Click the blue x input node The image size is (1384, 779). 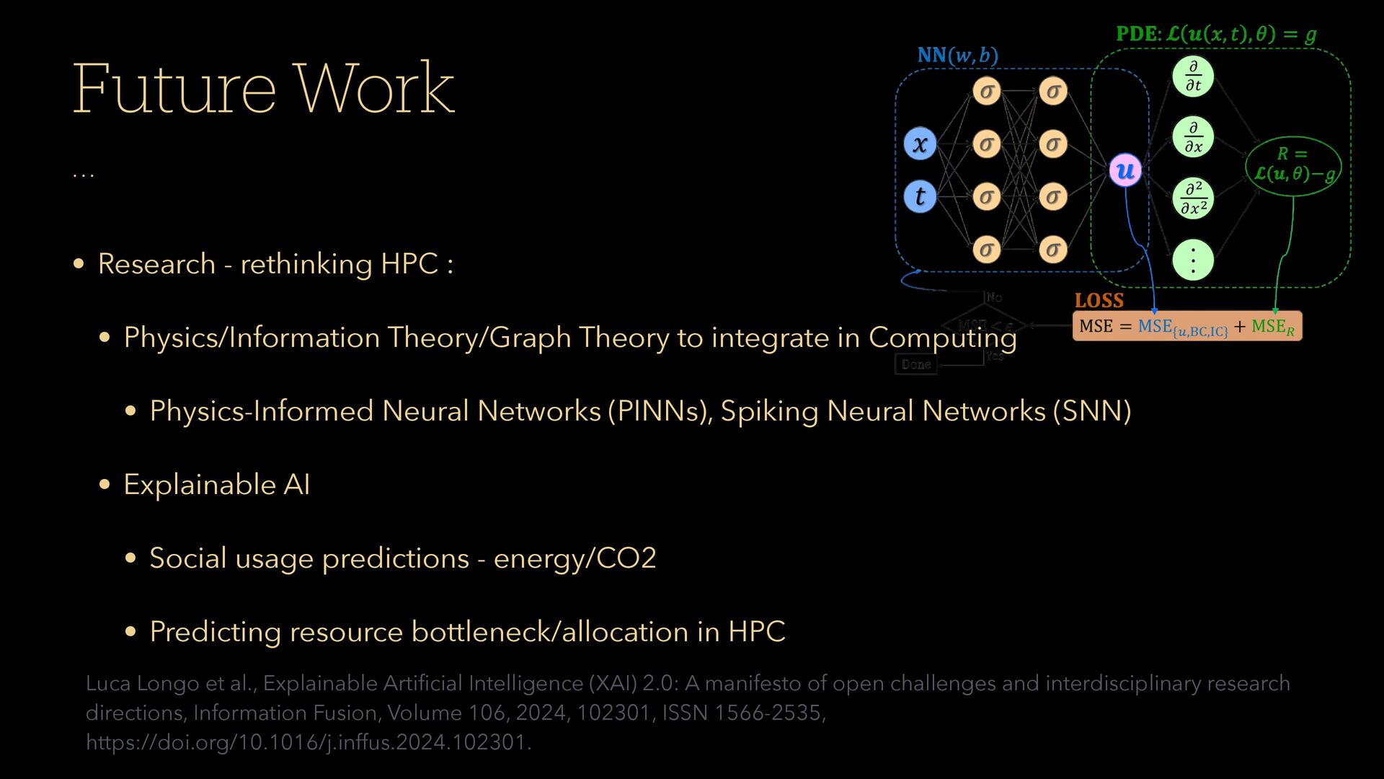(x=920, y=144)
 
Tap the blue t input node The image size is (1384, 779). (x=920, y=196)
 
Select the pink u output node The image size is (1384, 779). (x=1125, y=170)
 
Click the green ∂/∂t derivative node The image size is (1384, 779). (x=1193, y=76)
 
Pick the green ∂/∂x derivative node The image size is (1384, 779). (x=1193, y=137)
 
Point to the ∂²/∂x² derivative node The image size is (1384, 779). (x=1193, y=199)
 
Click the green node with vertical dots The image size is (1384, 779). (x=1193, y=260)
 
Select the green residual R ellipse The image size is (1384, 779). (x=1293, y=165)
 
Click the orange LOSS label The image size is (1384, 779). (x=1099, y=301)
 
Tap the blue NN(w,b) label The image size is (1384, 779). (x=957, y=56)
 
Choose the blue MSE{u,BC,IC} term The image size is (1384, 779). (x=1182, y=327)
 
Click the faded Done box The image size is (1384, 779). (x=916, y=364)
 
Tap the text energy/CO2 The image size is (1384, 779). (x=575, y=558)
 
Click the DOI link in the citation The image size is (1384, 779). (x=308, y=742)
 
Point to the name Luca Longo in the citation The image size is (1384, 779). (x=143, y=683)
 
